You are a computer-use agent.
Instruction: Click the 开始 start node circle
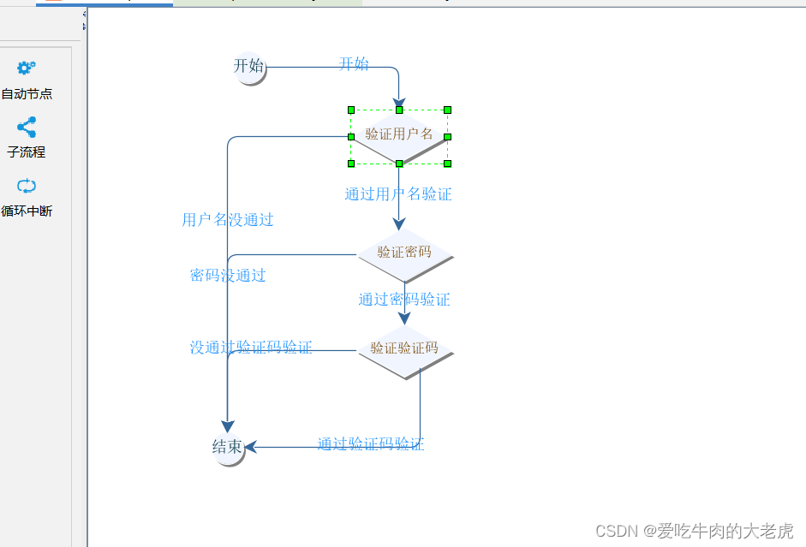tap(248, 67)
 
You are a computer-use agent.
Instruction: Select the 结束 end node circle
tap(227, 447)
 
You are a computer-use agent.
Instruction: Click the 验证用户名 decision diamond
tap(399, 134)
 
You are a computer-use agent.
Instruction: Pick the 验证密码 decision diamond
tap(403, 253)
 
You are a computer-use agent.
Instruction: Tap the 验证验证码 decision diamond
tap(403, 348)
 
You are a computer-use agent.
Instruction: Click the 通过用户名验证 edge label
tap(398, 194)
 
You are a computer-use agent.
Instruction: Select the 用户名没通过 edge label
tap(228, 220)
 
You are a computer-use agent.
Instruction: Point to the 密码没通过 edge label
tap(228, 276)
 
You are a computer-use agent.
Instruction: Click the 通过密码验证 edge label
tap(404, 300)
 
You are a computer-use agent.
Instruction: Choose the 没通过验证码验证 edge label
tap(251, 348)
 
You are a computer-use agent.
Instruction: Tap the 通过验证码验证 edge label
tap(371, 444)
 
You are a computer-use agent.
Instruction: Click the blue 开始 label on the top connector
tap(354, 64)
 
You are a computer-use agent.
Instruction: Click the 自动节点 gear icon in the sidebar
tap(27, 68)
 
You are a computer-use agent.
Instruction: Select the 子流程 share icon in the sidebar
tap(27, 128)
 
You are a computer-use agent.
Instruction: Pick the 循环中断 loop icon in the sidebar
tap(27, 186)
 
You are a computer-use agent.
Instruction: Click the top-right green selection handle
tap(447, 110)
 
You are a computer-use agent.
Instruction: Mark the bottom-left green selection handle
tap(351, 163)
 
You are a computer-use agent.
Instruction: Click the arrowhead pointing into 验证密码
tap(398, 224)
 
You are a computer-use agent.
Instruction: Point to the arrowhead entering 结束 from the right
tap(250, 447)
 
